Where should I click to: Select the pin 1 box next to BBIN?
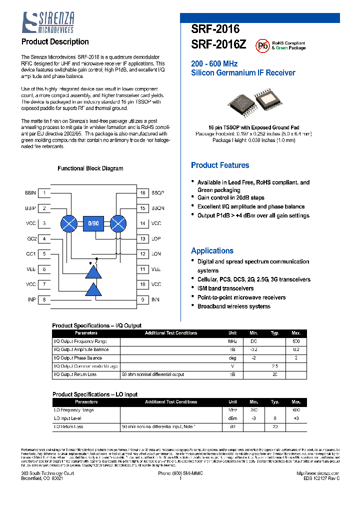tap(44, 193)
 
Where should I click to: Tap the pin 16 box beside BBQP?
tap(142, 193)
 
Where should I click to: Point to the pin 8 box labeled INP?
tap(44, 299)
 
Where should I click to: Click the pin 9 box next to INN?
tap(142, 299)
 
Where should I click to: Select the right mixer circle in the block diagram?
tap(118, 223)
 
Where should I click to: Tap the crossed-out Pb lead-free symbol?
tap(262, 46)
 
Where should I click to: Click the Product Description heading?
tap(55, 42)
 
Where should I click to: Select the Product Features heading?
tap(220, 165)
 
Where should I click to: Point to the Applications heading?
tap(212, 251)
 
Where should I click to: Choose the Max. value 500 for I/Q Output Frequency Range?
tap(296, 341)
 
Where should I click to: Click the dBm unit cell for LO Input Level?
tap(232, 418)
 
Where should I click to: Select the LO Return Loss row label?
tap(68, 426)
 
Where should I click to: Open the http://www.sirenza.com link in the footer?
tap(317, 473)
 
